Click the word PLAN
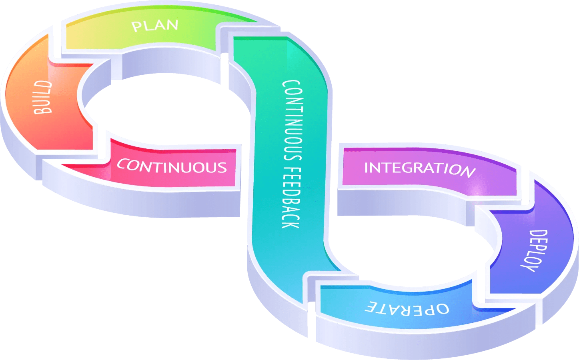[x=155, y=26]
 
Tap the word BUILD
[x=43, y=97]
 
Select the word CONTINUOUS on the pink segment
[x=172, y=166]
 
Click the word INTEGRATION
[x=419, y=168]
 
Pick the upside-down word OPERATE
[x=407, y=308]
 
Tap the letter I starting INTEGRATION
[x=366, y=168]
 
